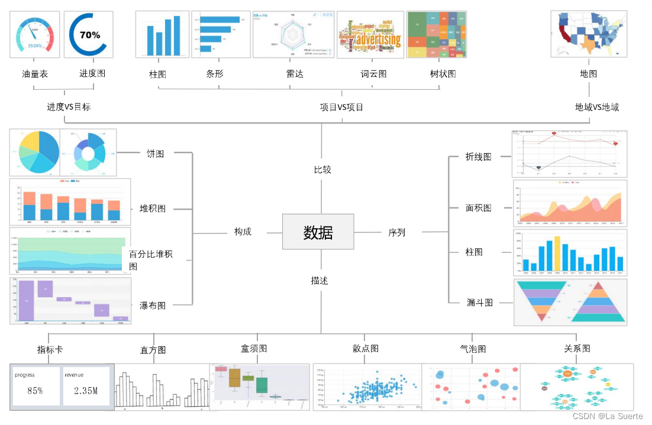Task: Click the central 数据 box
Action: (318, 232)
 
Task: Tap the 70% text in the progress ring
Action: (90, 35)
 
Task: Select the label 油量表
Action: (34, 74)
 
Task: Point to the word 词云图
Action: (373, 74)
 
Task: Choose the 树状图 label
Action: (443, 74)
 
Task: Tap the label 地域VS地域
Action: (597, 107)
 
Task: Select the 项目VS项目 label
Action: (341, 107)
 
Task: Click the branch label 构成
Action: (243, 232)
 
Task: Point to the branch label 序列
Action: (396, 232)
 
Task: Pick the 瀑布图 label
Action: (153, 306)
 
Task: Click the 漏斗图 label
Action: (479, 303)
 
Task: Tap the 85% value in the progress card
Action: (35, 391)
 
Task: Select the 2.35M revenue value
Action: (86, 391)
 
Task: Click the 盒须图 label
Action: (254, 348)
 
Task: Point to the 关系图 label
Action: (577, 348)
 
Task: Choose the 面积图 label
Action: (478, 208)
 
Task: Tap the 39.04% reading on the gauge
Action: (35, 46)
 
